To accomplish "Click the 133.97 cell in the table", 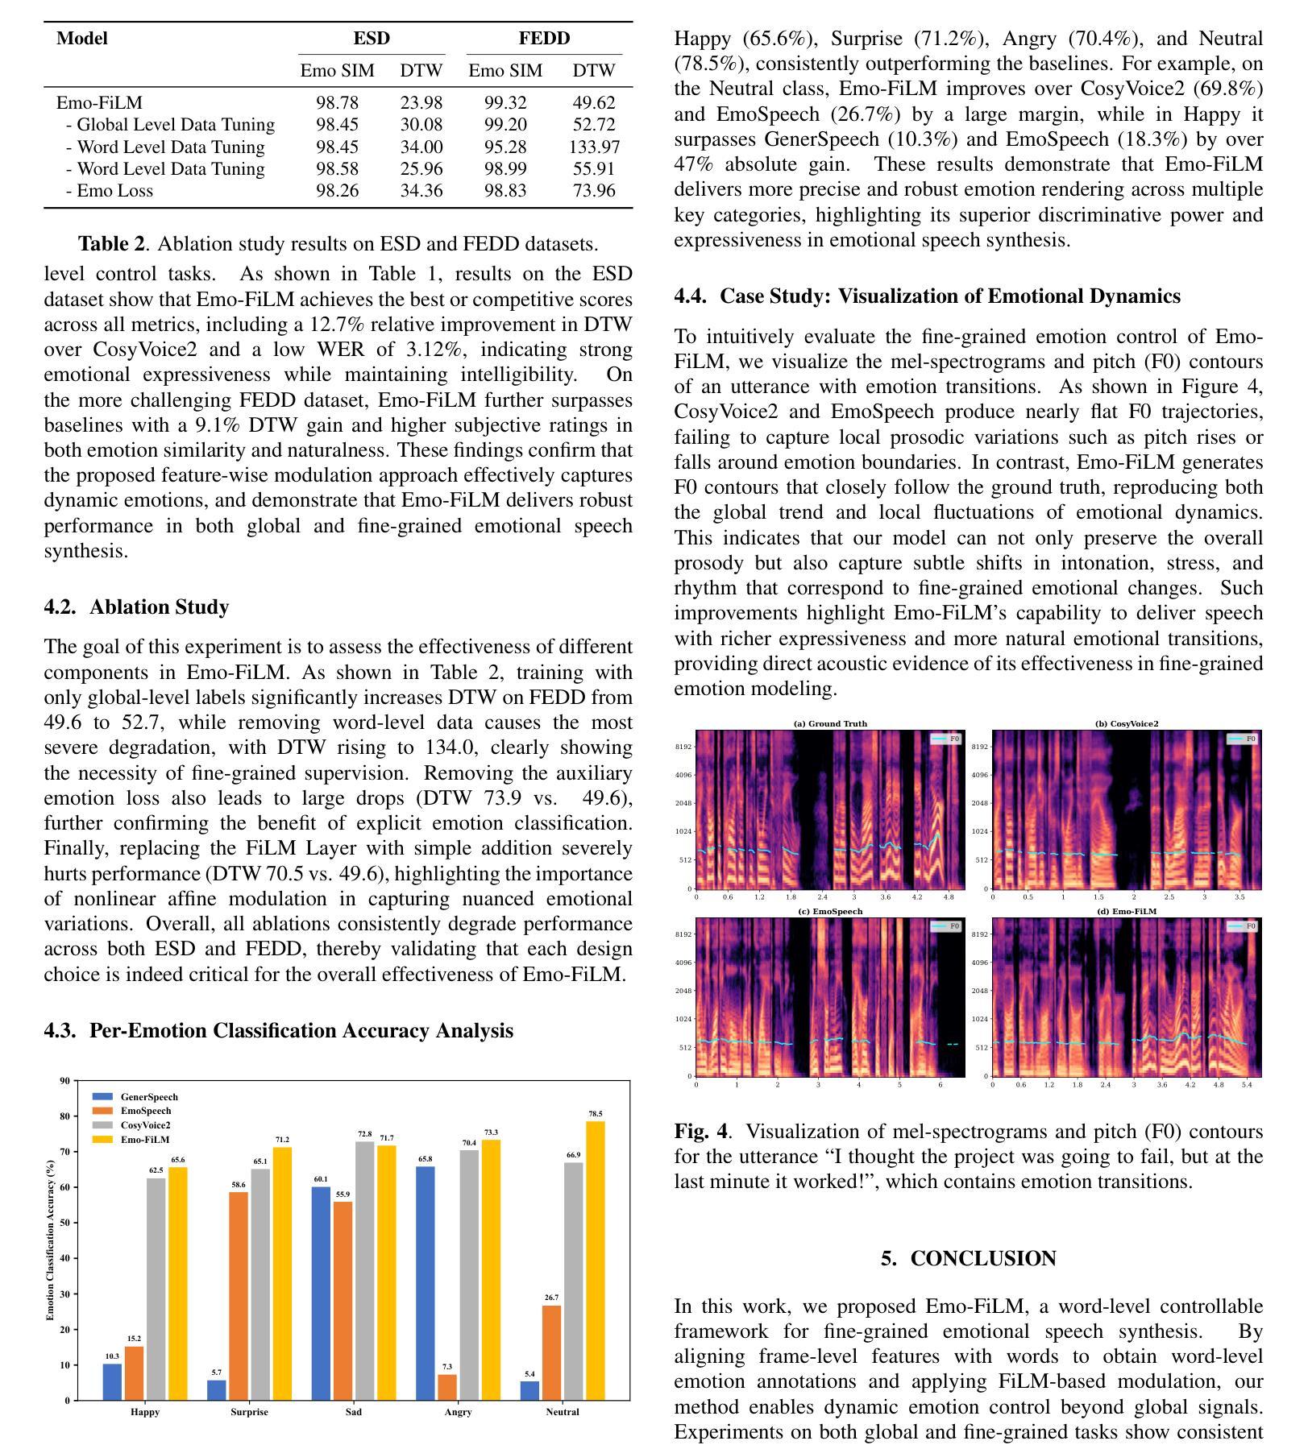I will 593,147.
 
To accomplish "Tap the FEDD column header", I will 544,38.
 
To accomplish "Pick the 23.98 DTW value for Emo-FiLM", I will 421,102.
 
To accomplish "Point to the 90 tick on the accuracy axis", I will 64,1081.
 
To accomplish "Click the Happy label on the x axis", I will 145,1411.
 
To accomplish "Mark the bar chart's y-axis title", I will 50,1240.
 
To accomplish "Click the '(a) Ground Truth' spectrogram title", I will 830,723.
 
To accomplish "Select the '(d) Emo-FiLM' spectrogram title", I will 1126,911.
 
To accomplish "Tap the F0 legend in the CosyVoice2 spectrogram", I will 1243,739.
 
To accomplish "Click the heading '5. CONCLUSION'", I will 969,1258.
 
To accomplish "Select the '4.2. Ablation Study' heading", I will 136,607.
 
